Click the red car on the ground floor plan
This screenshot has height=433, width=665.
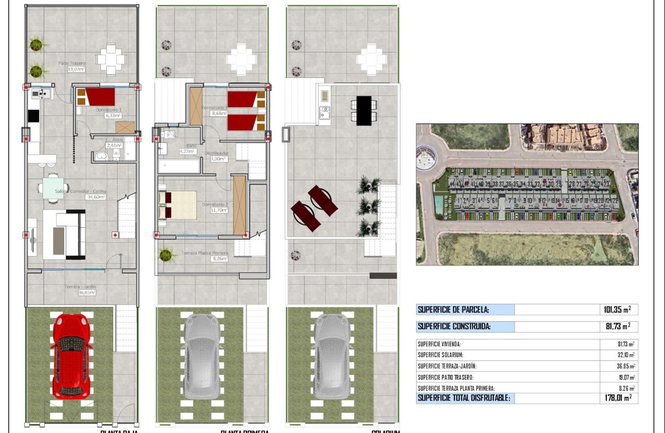click(x=72, y=356)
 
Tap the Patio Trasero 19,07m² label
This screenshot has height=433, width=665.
click(x=72, y=66)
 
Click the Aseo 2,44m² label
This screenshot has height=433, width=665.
click(x=114, y=143)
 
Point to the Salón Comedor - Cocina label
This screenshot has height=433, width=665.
click(x=80, y=194)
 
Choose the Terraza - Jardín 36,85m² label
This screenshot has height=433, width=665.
click(x=81, y=289)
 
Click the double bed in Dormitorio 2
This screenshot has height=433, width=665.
click(x=178, y=205)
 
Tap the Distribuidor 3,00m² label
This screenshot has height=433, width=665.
click(x=217, y=156)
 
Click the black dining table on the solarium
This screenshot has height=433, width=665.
click(x=363, y=110)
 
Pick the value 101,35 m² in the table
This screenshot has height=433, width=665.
click(x=617, y=310)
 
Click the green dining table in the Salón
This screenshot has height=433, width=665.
click(x=54, y=185)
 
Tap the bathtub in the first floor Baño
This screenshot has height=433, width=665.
click(x=179, y=166)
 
